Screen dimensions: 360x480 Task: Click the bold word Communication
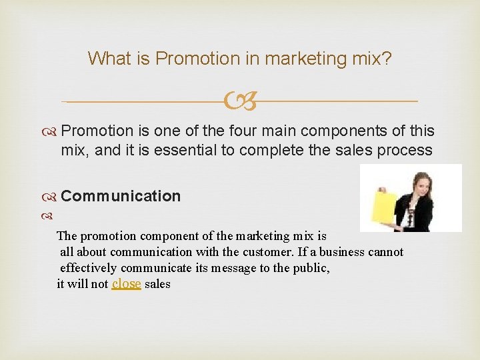click(x=121, y=196)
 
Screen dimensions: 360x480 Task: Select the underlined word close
click(x=127, y=284)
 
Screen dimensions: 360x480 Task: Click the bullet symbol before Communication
click(x=52, y=197)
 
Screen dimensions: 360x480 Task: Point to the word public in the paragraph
click(x=311, y=268)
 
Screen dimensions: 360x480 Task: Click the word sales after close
click(x=157, y=284)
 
